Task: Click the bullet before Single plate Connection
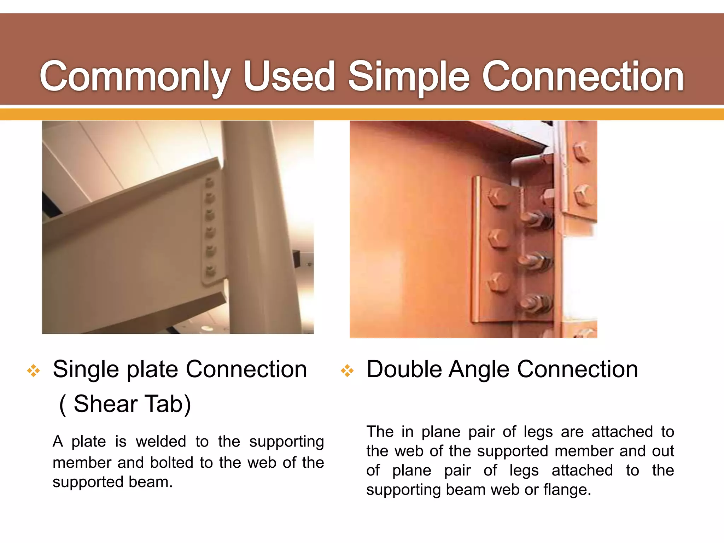tap(34, 371)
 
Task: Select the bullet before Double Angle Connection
tap(347, 371)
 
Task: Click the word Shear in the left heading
tap(105, 404)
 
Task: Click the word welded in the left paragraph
tap(161, 442)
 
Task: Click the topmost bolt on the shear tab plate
tap(209, 182)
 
